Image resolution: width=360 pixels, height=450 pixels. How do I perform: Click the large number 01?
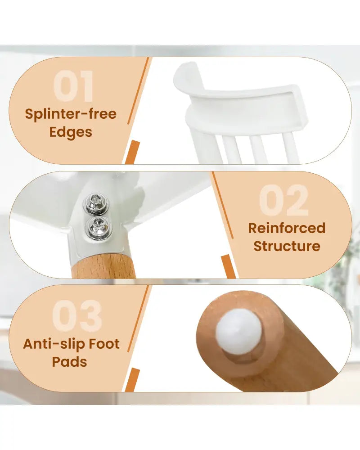[x=73, y=86]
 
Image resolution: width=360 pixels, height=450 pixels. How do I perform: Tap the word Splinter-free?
[x=71, y=114]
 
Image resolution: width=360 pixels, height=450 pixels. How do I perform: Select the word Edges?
[x=71, y=132]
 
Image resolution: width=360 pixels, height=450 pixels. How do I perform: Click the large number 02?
[x=284, y=200]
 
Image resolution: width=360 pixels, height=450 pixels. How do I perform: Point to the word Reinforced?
[x=287, y=228]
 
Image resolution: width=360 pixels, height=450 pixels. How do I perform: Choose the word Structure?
[x=287, y=246]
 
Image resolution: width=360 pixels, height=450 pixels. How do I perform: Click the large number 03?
[x=77, y=316]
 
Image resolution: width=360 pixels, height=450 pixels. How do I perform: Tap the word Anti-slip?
[x=54, y=343]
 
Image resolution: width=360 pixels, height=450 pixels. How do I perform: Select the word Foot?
[x=104, y=343]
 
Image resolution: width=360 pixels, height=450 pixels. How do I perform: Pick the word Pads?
[x=69, y=362]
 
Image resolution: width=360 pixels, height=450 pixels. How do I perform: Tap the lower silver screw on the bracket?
[x=99, y=228]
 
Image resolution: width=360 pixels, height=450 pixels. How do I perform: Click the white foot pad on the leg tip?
[x=239, y=331]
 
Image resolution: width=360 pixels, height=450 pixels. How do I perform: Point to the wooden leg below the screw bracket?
[x=103, y=266]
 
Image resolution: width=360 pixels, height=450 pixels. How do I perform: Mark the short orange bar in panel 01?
[x=132, y=153]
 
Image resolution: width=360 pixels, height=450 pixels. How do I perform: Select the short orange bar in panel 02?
[x=228, y=266]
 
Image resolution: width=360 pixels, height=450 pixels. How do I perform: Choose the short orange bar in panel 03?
[x=132, y=380]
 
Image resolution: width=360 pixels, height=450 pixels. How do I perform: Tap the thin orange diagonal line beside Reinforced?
[x=223, y=205]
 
